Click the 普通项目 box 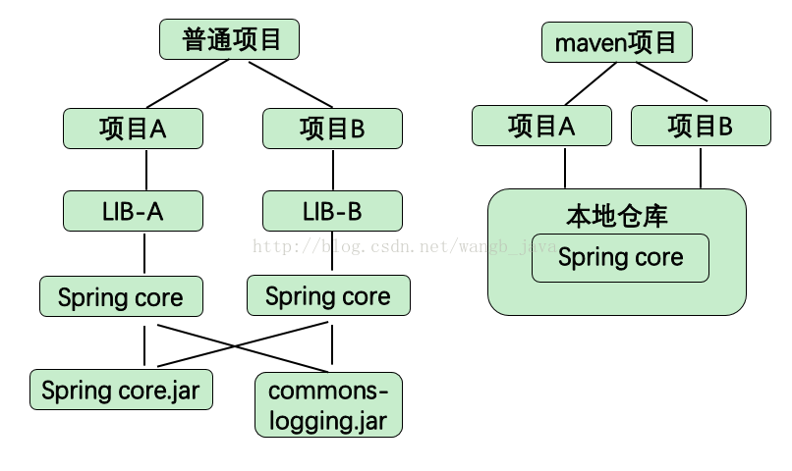click(x=229, y=39)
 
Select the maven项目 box click(x=617, y=42)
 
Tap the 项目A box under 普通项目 click(x=133, y=129)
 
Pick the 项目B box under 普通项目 click(x=332, y=129)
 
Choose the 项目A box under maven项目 click(x=541, y=126)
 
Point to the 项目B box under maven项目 click(x=701, y=126)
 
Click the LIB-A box click(x=133, y=211)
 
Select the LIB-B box click(x=332, y=211)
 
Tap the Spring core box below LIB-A click(x=121, y=296)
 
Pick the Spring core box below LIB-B click(x=328, y=295)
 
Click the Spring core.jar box click(x=121, y=390)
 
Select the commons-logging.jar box click(x=328, y=405)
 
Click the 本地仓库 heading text click(x=617, y=216)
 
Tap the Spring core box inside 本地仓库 click(x=620, y=258)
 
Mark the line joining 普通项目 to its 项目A click(x=188, y=83)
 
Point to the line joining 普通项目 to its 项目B click(x=291, y=84)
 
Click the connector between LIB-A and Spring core click(x=144, y=253)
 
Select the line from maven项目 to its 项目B click(x=671, y=81)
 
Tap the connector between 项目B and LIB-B click(x=333, y=170)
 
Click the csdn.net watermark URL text click(x=404, y=246)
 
